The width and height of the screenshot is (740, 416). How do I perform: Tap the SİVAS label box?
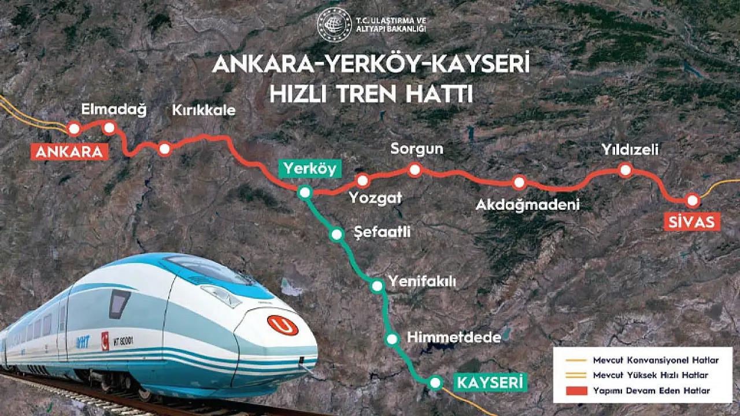click(694, 221)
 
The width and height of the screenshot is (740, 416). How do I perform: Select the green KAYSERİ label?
click(491, 382)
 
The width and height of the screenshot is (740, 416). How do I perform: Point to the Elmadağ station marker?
click(109, 127)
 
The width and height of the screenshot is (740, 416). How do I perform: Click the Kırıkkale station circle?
click(164, 149)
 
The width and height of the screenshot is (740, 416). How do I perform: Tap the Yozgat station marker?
click(362, 180)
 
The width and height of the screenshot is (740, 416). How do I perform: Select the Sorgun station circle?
click(415, 169)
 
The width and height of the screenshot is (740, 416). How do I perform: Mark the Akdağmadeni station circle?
click(519, 183)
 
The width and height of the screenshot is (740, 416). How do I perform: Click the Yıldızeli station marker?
click(624, 170)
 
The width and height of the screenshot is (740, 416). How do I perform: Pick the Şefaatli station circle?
click(336, 234)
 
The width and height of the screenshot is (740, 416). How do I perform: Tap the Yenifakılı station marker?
click(377, 285)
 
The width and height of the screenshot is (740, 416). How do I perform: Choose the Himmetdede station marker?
click(393, 339)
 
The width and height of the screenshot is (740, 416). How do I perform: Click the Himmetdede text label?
click(453, 339)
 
